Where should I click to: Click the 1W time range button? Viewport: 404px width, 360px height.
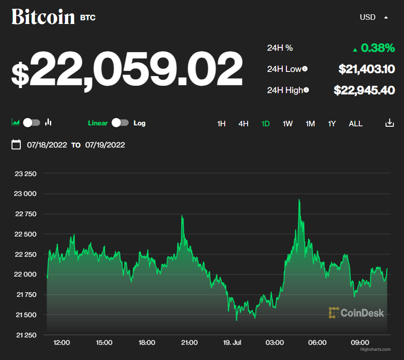pyautogui.click(x=288, y=124)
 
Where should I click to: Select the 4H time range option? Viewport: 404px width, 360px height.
pyautogui.click(x=244, y=124)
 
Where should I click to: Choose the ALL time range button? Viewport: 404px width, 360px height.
pyautogui.click(x=356, y=124)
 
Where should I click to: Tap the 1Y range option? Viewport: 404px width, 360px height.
pyautogui.click(x=332, y=124)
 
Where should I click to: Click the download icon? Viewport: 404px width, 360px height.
pyautogui.click(x=390, y=123)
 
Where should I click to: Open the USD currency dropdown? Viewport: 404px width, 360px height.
pyautogui.click(x=373, y=18)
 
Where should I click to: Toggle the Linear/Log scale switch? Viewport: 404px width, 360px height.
pyautogui.click(x=120, y=123)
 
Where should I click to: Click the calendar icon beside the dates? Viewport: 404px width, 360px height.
pyautogui.click(x=16, y=145)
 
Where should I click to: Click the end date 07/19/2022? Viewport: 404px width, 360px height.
pyautogui.click(x=105, y=145)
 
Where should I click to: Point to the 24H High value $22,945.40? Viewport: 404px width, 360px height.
pyautogui.click(x=364, y=90)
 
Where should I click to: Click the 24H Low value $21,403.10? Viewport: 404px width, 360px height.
pyautogui.click(x=367, y=69)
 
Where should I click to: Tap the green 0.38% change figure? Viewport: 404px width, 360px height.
pyautogui.click(x=377, y=48)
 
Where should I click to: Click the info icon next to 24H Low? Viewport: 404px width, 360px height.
pyautogui.click(x=305, y=69)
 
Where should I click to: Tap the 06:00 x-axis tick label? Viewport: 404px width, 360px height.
pyautogui.click(x=317, y=342)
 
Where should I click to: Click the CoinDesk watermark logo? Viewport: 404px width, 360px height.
pyautogui.click(x=356, y=313)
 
